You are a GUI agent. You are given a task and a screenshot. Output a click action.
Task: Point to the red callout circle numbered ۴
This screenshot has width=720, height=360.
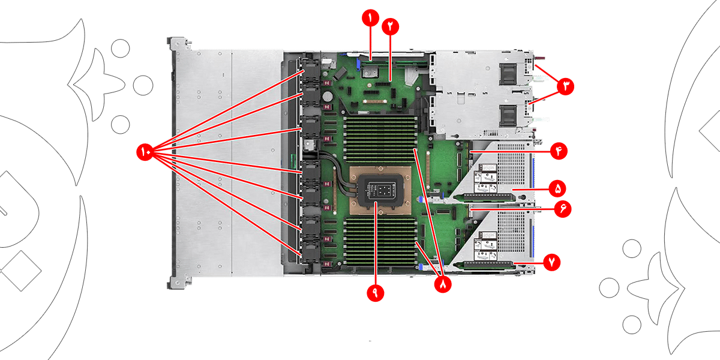(558, 151)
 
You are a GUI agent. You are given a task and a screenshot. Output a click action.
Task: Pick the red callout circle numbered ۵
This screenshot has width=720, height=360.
(557, 189)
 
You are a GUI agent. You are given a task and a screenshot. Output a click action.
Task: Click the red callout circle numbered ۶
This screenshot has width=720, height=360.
(563, 209)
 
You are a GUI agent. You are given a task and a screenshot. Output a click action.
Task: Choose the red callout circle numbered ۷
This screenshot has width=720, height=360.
(551, 262)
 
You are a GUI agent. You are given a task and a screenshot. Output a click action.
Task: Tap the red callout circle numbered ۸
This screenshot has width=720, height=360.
(443, 285)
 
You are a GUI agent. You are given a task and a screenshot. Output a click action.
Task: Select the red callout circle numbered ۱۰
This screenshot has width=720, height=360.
(146, 152)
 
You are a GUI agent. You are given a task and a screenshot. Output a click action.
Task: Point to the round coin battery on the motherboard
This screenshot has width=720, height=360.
(328, 95)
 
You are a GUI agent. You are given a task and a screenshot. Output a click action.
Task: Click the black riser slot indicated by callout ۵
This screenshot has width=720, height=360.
(485, 195)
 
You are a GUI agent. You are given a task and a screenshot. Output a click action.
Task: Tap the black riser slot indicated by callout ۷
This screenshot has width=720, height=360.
(485, 263)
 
